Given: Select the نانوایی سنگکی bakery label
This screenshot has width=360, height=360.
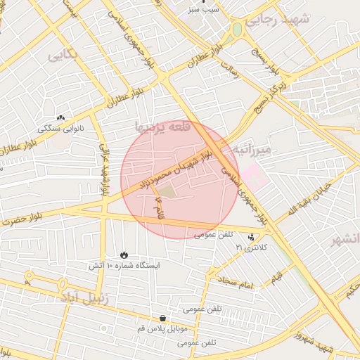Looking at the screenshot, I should point(60,128).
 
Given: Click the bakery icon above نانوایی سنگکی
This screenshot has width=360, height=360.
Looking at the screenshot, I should point(60,117).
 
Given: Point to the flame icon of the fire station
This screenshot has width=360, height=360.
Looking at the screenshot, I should point(124,255).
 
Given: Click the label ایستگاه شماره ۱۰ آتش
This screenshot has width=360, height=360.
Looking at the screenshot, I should point(124,266).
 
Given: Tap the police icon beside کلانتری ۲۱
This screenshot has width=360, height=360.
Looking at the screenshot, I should point(252,236).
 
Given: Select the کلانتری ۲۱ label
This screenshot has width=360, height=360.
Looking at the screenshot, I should point(248,247).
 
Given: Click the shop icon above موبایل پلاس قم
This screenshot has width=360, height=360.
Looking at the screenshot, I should point(163,318).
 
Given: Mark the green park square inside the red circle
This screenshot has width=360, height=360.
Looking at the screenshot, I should point(166,191).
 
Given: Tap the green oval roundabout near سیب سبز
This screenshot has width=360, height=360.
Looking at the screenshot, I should point(237,29).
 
